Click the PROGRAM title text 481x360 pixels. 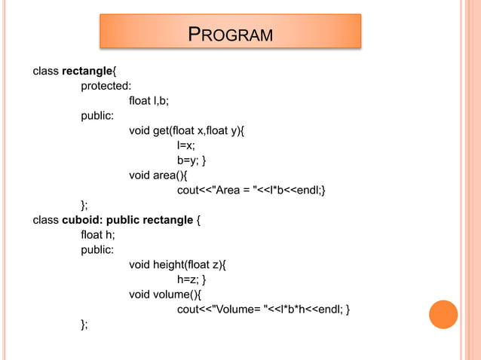tap(230, 34)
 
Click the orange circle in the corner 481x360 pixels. tap(443, 315)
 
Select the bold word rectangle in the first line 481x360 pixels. tap(87, 72)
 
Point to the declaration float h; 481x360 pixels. tap(98, 235)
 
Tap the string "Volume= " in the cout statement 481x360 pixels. tap(239, 310)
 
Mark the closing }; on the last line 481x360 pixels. tap(84, 324)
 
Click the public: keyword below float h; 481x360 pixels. tap(98, 250)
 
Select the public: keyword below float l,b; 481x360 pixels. tap(98, 116)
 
